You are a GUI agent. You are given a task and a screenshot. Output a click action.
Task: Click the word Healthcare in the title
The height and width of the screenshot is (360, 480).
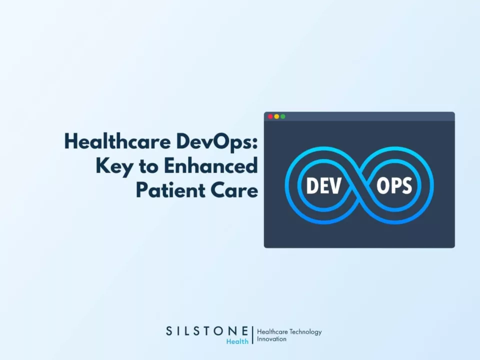[x=118, y=142]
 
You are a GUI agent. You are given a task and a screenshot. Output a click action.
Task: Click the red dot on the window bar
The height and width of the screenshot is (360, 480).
[x=270, y=116]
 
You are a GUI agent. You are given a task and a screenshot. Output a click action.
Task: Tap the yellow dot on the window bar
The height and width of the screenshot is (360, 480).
[x=276, y=116]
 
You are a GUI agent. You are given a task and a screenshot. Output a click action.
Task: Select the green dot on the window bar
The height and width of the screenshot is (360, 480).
[x=283, y=116]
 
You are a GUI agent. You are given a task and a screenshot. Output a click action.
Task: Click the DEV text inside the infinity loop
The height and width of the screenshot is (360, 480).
[x=323, y=186]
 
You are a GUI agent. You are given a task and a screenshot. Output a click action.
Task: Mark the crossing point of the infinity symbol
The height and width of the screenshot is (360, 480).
[x=359, y=186]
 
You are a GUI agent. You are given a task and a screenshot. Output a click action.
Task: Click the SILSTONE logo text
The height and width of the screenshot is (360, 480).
[x=206, y=331]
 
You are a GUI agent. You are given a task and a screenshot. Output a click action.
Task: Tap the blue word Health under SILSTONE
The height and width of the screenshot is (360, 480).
[x=237, y=341]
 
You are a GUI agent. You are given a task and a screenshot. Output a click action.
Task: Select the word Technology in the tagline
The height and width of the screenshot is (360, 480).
[x=305, y=331]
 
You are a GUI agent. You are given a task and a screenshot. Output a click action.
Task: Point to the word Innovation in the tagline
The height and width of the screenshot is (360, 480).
[x=271, y=339]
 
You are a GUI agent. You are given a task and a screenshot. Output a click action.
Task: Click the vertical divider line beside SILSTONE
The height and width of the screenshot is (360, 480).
[x=252, y=335]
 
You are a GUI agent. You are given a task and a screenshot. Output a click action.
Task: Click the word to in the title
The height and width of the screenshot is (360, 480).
[x=147, y=166]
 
